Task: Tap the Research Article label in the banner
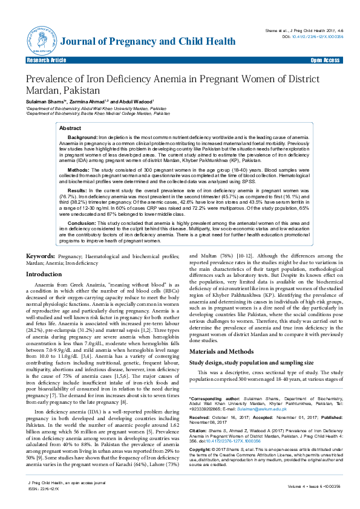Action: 46,61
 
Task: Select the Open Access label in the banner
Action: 325,61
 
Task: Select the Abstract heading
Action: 70,129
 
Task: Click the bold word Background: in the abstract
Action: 82,138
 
